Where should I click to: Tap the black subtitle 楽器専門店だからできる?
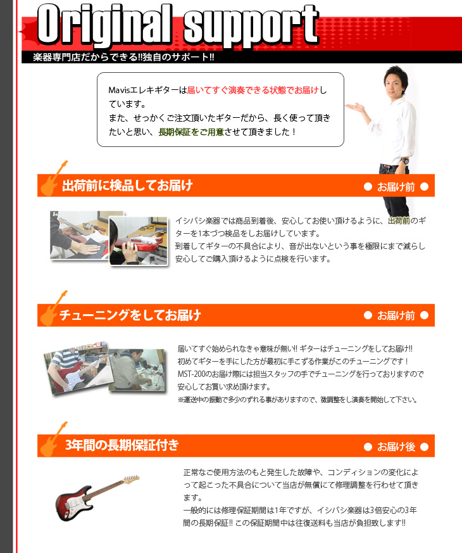click(118, 58)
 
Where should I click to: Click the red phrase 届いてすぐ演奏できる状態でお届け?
click(253, 91)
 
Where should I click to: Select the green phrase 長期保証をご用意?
click(190, 132)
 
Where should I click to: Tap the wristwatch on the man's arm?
click(404, 160)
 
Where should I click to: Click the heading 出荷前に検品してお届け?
click(127, 186)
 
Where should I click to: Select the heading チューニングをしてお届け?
click(130, 315)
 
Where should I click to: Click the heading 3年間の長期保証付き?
click(122, 445)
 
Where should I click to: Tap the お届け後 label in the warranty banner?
click(396, 447)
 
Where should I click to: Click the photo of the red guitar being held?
click(138, 241)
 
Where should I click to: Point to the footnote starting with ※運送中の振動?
click(297, 400)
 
